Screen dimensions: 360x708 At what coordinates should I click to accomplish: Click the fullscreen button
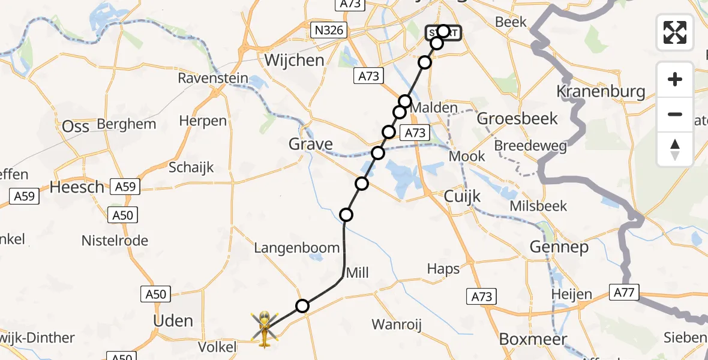(x=675, y=32)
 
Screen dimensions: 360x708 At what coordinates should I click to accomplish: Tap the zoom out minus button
(x=675, y=114)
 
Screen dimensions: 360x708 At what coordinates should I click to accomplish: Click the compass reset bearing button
(x=675, y=149)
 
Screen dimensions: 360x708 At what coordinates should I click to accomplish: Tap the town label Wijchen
(x=294, y=60)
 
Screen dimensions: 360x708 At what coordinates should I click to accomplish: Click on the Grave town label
(x=311, y=144)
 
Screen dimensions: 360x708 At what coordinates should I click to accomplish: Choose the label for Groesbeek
(x=517, y=118)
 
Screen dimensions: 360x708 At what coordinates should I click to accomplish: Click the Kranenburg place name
(x=601, y=91)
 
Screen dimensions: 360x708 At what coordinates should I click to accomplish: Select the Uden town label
(x=173, y=320)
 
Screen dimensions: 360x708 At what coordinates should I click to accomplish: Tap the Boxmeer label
(x=533, y=339)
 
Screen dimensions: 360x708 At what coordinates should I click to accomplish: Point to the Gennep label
(x=559, y=247)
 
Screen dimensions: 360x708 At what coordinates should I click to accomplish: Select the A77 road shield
(x=624, y=293)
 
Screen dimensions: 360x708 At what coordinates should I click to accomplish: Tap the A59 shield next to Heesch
(x=125, y=187)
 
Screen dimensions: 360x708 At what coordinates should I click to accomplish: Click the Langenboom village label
(x=297, y=248)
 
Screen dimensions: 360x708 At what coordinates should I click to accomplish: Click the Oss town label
(x=76, y=126)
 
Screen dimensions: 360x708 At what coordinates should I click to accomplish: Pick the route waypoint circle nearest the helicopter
(x=302, y=307)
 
